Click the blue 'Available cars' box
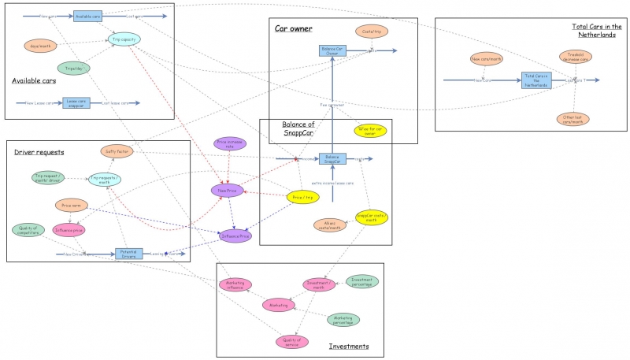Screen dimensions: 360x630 click(x=87, y=16)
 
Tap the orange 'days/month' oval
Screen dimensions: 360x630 click(x=40, y=46)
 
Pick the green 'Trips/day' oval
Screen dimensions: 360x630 click(x=74, y=69)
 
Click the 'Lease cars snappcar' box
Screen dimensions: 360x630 click(x=76, y=102)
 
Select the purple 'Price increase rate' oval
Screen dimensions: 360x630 click(x=230, y=144)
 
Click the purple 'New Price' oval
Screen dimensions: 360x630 click(x=227, y=190)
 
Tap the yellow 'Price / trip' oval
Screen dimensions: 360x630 click(x=302, y=197)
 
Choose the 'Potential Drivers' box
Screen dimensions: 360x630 click(x=129, y=254)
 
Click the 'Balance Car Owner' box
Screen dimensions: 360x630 click(x=333, y=50)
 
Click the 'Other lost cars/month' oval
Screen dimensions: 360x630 click(x=574, y=120)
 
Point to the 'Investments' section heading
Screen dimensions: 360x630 click(x=348, y=346)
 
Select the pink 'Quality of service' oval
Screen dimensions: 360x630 click(x=291, y=341)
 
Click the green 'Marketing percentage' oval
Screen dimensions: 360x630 click(x=343, y=319)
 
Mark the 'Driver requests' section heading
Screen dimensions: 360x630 click(x=39, y=151)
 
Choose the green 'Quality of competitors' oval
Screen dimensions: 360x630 click(x=29, y=230)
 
